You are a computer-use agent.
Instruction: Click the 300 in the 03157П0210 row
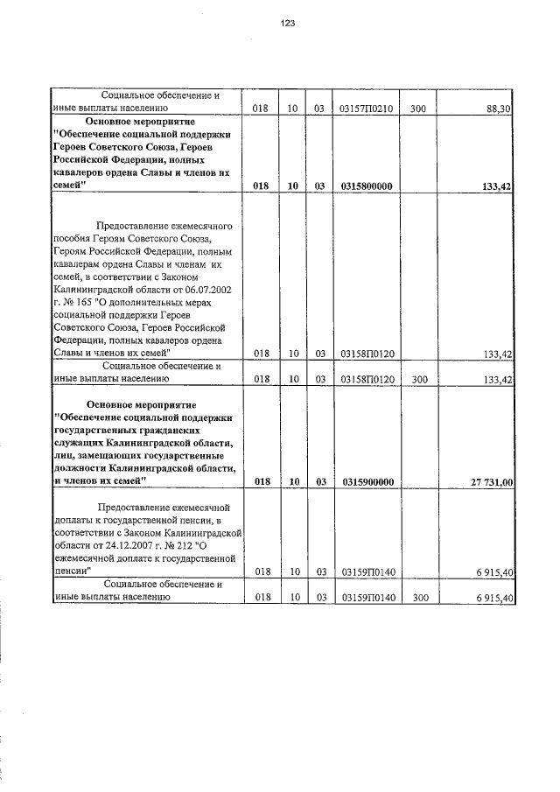point(417,109)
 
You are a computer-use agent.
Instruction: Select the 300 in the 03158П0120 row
point(417,379)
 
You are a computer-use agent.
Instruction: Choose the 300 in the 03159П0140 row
point(417,598)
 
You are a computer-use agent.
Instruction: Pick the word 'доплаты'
point(78,520)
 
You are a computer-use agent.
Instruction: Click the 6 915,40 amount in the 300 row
point(494,598)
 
